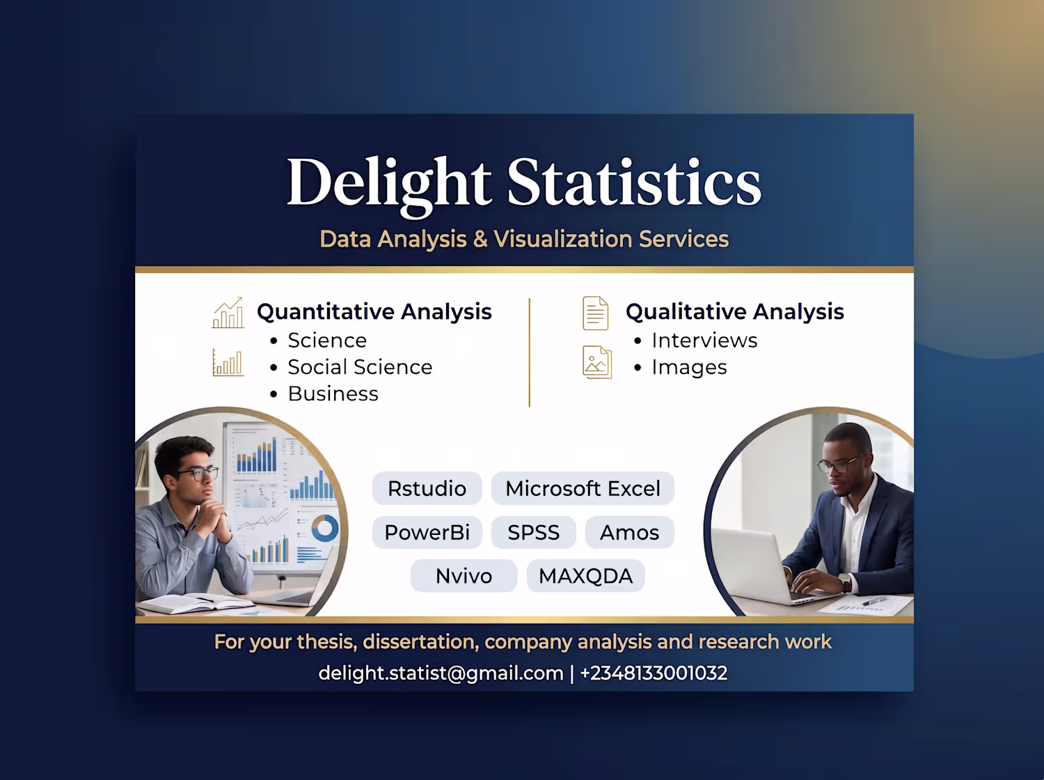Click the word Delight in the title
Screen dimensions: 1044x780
388,186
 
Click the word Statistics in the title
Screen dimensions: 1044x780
634,182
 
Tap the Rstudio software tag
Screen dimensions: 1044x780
427,488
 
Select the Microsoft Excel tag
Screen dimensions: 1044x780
583,488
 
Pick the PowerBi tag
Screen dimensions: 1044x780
427,532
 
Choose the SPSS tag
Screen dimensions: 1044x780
534,532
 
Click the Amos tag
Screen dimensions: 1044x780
629,532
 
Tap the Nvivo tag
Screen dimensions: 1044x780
464,576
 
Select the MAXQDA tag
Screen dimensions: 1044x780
585,576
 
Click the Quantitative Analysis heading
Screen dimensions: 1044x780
374,312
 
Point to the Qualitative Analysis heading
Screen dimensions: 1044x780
735,312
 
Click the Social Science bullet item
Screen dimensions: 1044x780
360,367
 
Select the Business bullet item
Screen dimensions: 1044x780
333,393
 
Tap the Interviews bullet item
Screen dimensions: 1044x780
704,341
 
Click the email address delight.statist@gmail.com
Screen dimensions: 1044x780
441,673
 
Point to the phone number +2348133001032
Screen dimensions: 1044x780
654,673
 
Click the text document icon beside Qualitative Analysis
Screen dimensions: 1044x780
596,313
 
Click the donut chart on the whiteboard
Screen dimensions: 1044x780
325,528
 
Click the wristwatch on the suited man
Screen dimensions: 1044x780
845,582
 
